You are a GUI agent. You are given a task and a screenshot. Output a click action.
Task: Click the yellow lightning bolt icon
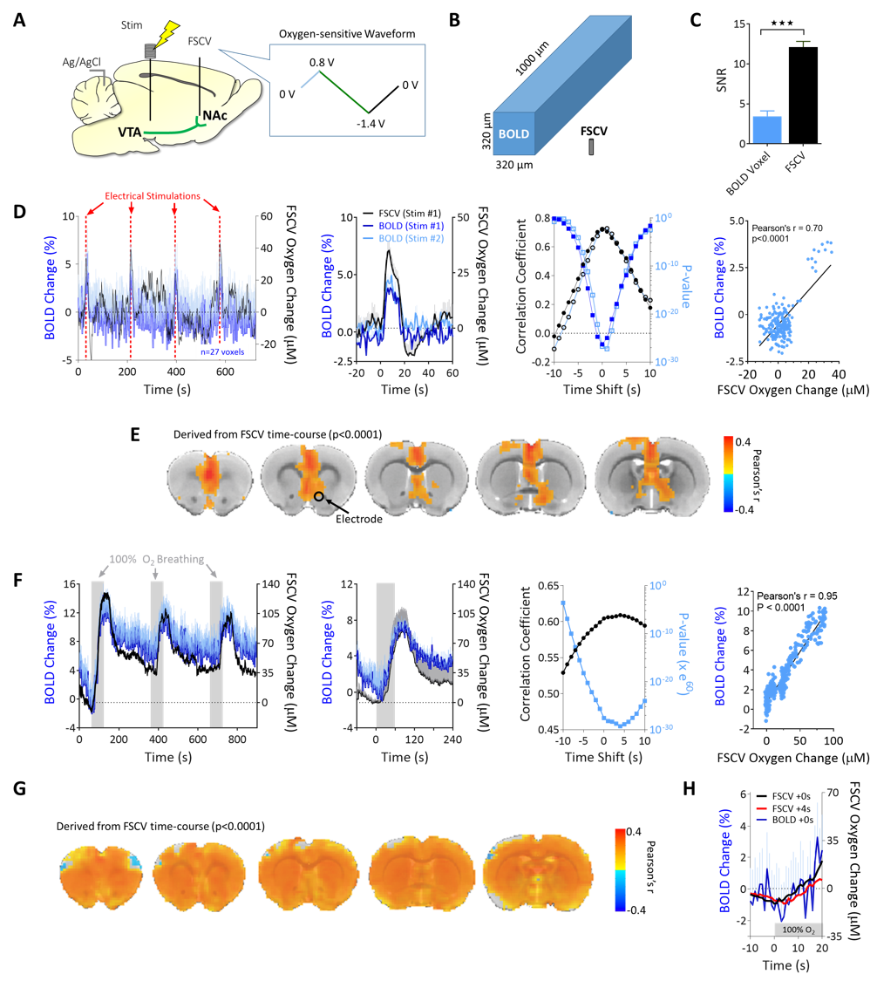pos(164,34)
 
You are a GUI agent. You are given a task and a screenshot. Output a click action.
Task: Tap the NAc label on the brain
pos(214,115)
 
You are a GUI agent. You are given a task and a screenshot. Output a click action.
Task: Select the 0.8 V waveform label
pos(322,64)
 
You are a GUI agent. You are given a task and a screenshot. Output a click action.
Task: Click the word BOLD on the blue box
pos(513,134)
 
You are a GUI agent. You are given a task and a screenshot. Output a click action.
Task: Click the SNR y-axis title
pos(721,83)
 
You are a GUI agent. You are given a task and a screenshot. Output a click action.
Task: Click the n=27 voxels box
pos(222,353)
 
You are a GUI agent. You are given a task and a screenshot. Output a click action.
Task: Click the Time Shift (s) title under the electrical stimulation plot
pos(601,389)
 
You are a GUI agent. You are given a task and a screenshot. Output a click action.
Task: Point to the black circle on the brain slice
pos(319,496)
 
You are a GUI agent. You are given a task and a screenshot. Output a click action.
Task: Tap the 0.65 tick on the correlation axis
pos(549,585)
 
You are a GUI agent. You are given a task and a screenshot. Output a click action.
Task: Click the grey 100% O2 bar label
pos(798,930)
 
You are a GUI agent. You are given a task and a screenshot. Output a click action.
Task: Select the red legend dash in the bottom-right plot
pos(761,808)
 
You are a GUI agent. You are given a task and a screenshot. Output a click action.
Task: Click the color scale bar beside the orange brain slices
pos(619,869)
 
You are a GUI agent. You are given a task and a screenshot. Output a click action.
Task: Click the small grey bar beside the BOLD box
pos(590,146)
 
